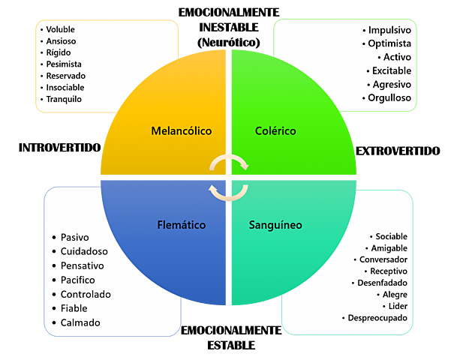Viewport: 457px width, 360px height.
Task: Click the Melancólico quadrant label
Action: [181, 131]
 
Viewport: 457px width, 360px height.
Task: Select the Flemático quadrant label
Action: [181, 224]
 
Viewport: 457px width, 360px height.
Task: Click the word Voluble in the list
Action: [61, 29]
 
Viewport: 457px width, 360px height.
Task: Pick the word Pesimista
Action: [65, 64]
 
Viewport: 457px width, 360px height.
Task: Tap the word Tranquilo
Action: [64, 99]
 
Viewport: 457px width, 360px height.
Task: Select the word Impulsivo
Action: [389, 30]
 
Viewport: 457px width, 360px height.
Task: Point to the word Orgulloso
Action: [389, 97]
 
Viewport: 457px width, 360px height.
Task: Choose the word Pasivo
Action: [75, 237]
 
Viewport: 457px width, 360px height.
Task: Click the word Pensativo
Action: [83, 265]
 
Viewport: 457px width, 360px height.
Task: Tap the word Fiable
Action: [74, 308]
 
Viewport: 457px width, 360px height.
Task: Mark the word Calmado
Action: [80, 322]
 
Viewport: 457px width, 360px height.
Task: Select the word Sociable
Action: [392, 236]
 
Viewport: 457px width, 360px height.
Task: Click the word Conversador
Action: [383, 259]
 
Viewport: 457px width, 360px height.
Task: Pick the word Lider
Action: [397, 306]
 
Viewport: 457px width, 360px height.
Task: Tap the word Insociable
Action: [65, 87]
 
